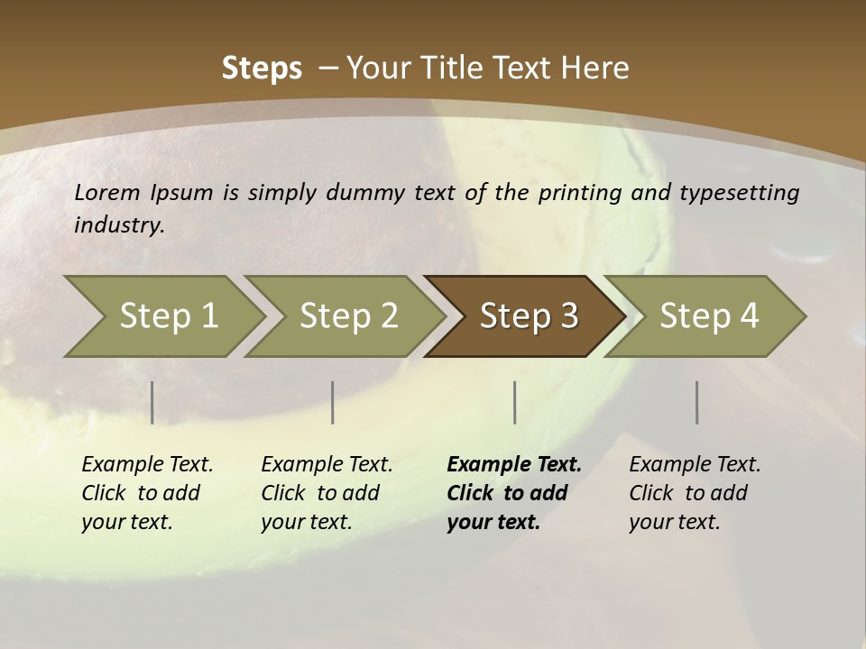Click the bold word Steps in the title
pyautogui.click(x=262, y=69)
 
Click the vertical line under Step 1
pyautogui.click(x=152, y=402)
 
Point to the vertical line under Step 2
pyautogui.click(x=333, y=402)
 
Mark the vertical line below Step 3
pyautogui.click(x=515, y=402)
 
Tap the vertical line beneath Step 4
pyautogui.click(x=697, y=402)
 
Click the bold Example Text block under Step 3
pyautogui.click(x=514, y=493)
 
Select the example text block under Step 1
pyautogui.click(x=147, y=493)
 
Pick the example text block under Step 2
pyautogui.click(x=327, y=493)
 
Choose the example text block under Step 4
pyautogui.click(x=695, y=493)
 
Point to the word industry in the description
pyautogui.click(x=119, y=225)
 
